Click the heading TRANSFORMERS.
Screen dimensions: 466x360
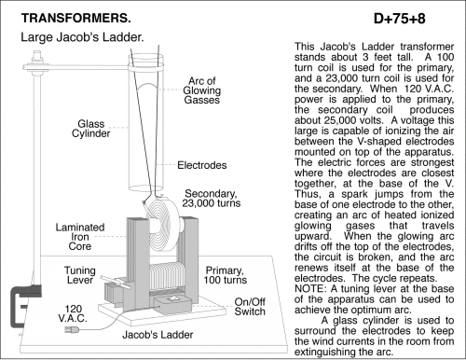[x=76, y=18]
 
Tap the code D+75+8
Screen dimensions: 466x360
[x=400, y=19]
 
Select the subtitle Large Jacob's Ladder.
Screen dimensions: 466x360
[x=82, y=37]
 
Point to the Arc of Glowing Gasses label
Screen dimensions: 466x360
[x=202, y=90]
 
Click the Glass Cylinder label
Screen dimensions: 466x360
[x=91, y=129]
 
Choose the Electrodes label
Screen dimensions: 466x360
[x=202, y=165]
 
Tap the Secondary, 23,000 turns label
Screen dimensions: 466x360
[x=212, y=199]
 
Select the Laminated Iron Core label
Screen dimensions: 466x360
[x=80, y=237]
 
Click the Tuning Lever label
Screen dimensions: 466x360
[x=80, y=275]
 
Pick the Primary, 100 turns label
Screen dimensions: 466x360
[x=226, y=275]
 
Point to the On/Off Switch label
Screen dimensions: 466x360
[x=250, y=307]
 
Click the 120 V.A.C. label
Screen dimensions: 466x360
[x=73, y=313]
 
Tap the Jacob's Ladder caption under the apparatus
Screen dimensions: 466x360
[x=158, y=335]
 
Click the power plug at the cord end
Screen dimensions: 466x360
[x=71, y=329]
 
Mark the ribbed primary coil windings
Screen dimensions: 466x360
[x=166, y=277]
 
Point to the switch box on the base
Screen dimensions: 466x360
[x=172, y=304]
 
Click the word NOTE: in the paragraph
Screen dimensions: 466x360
[x=310, y=289]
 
